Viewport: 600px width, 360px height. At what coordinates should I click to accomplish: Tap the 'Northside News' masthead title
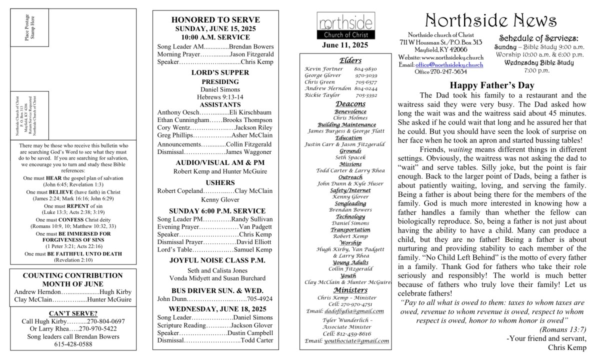coord(490,20)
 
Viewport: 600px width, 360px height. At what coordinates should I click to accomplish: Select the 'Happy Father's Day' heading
coord(492,85)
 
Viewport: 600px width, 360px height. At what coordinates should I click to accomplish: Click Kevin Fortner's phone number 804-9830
coord(365,69)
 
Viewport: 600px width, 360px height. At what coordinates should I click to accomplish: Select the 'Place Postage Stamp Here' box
coord(29,27)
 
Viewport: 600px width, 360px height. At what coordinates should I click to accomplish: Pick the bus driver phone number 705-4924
coord(259,299)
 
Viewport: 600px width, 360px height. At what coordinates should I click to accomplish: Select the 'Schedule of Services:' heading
coord(539,38)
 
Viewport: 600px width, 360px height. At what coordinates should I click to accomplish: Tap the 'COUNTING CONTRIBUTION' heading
coord(73,275)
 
